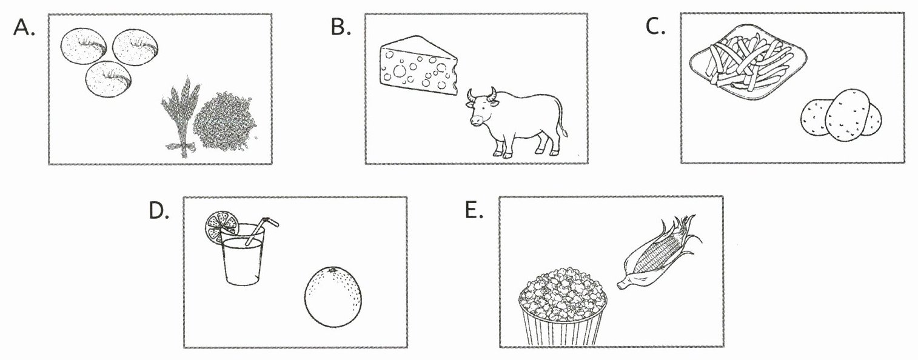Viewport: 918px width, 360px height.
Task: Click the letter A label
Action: (24, 27)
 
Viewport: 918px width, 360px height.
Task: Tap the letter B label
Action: (341, 27)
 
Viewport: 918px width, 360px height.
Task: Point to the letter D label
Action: (159, 211)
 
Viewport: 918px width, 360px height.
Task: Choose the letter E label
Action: (475, 210)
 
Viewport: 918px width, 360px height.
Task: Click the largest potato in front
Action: (847, 115)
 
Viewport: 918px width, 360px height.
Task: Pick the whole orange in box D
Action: (333, 296)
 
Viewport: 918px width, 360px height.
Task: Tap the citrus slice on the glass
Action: (221, 225)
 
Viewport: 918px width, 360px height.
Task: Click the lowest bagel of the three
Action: (109, 79)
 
